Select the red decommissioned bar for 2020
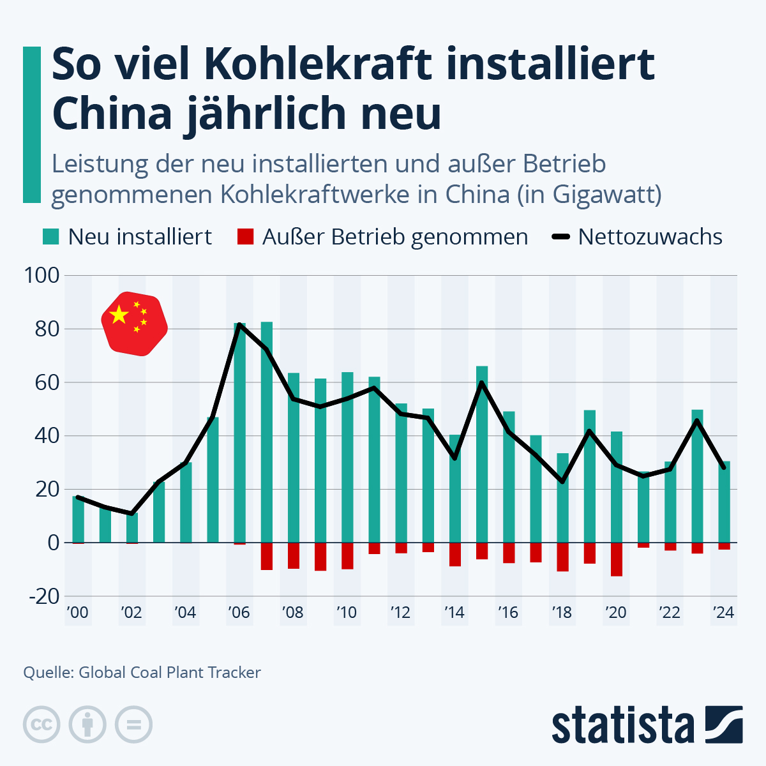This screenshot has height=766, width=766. [x=616, y=559]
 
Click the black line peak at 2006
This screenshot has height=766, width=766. [x=239, y=325]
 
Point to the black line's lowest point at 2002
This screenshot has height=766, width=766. [x=131, y=513]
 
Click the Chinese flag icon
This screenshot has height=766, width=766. [x=135, y=324]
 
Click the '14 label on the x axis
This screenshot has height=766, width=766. [x=454, y=613]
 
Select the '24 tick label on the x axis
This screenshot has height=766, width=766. [x=723, y=613]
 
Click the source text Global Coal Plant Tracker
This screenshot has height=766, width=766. [x=169, y=672]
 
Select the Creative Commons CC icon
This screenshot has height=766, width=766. [x=41, y=725]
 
